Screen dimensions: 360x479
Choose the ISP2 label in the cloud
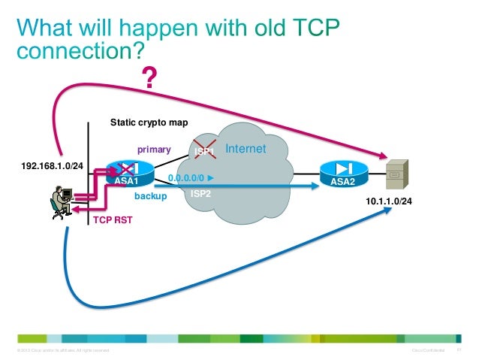point(200,193)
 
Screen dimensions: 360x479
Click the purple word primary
point(153,150)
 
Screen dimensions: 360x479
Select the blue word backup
point(149,195)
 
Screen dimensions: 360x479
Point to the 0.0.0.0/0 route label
point(190,178)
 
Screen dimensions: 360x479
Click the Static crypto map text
point(149,121)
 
